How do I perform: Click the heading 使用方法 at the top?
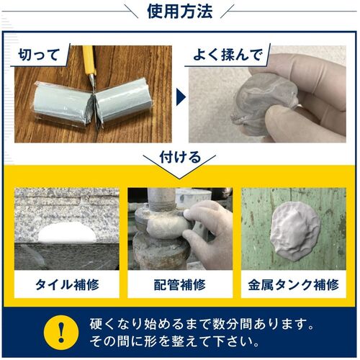click(180, 12)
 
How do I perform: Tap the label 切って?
click(39, 55)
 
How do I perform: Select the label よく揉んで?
click(227, 55)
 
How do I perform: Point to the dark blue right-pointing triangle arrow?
click(181, 97)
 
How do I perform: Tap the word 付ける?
click(180, 157)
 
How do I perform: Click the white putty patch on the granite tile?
click(66, 233)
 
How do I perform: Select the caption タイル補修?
click(67, 284)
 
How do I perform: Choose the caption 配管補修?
click(180, 284)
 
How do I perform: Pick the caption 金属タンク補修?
click(293, 284)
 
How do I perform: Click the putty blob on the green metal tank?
click(294, 231)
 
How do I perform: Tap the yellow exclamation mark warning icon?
click(61, 333)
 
